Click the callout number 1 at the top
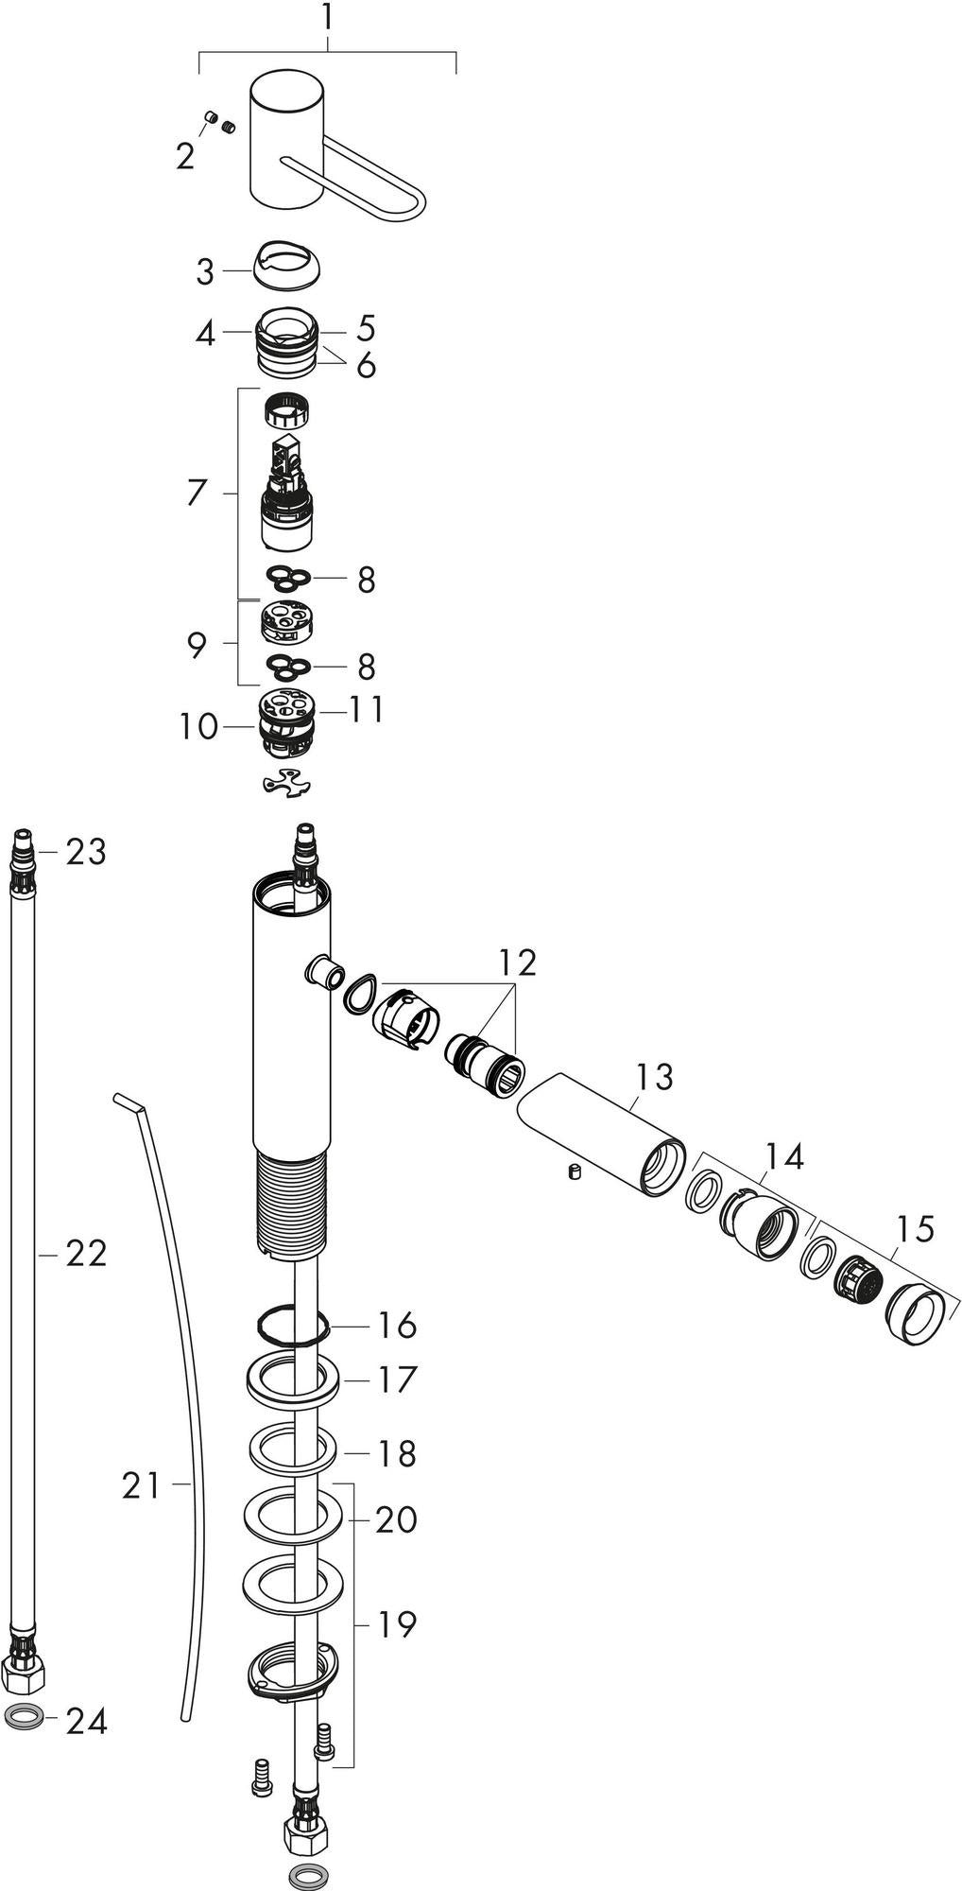pos(328,17)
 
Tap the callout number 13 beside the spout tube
pos(654,1076)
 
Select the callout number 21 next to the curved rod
pos(143,1486)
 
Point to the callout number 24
pos(86,1722)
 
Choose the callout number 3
pos(205,272)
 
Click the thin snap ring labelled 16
pos(291,1325)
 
